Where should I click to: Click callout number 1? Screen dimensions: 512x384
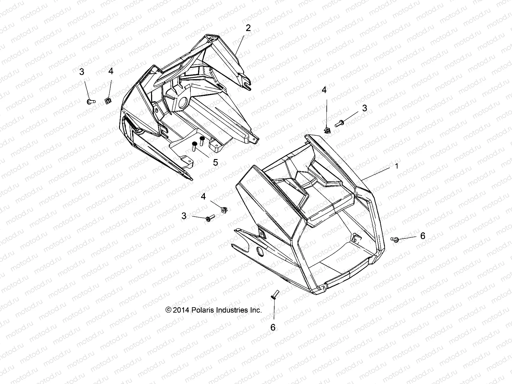(397, 166)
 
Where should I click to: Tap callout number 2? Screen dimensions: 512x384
(248, 28)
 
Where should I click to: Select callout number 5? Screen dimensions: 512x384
(215, 162)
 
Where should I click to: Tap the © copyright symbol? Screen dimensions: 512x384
(168, 310)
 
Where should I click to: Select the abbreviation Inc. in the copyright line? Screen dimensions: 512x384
(256, 310)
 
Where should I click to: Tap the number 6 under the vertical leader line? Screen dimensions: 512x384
(273, 327)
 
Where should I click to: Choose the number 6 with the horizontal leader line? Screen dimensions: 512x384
(422, 236)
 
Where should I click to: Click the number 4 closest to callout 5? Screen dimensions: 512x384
(204, 196)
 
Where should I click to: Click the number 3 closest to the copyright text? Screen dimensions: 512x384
(184, 216)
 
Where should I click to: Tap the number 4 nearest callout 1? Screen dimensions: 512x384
(324, 91)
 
